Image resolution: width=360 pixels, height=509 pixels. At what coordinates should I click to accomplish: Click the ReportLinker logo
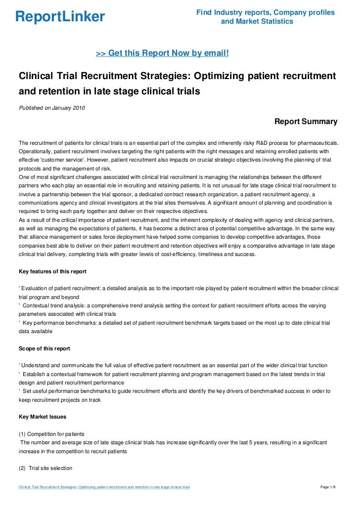(x=60, y=18)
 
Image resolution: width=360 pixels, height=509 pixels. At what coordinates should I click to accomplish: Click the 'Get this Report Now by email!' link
(x=162, y=52)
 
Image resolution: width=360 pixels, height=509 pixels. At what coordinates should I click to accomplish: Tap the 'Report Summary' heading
(x=306, y=122)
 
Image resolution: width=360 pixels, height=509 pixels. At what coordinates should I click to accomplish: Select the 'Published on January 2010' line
(x=51, y=108)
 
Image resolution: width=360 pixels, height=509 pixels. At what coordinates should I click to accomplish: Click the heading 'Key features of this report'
(x=52, y=271)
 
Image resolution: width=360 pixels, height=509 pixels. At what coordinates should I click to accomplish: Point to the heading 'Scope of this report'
(x=44, y=348)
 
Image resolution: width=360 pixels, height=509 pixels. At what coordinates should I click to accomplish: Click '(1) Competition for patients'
(x=51, y=433)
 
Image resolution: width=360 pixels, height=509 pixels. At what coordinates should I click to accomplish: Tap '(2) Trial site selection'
(x=45, y=467)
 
